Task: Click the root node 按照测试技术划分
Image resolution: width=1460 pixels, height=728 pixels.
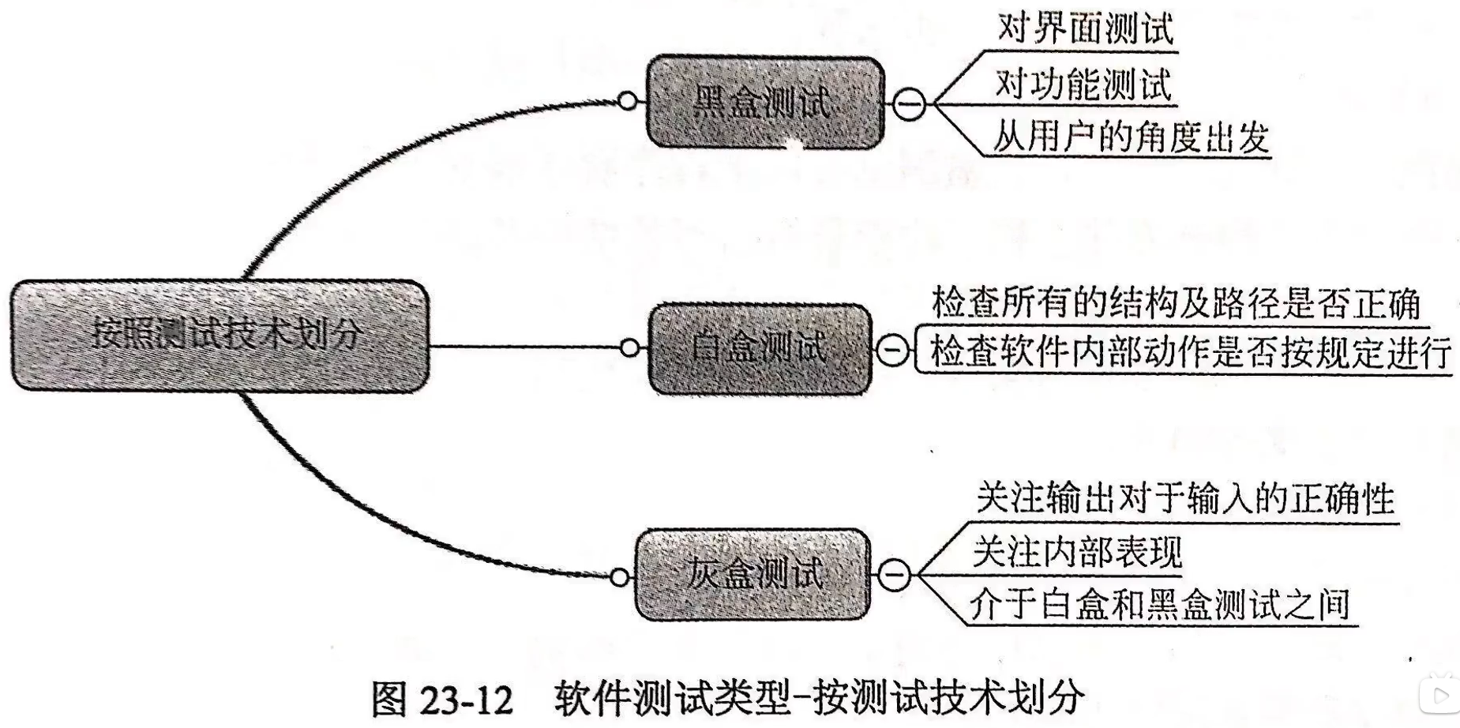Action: tap(220, 336)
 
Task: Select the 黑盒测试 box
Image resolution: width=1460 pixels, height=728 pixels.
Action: tap(764, 103)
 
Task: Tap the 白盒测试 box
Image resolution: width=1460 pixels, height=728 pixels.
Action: tap(760, 348)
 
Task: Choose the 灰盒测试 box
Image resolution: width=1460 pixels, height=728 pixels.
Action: tap(753, 574)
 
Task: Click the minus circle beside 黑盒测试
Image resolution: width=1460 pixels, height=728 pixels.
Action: tap(908, 103)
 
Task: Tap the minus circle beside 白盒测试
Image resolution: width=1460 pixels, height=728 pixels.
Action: tap(892, 348)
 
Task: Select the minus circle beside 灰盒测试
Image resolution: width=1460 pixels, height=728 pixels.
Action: tap(893, 574)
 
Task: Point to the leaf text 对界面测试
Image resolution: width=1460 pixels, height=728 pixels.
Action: tap(1085, 30)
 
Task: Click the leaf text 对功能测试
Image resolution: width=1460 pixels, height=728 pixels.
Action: tap(1083, 84)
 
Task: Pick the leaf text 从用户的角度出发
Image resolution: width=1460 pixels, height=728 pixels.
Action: tap(1131, 137)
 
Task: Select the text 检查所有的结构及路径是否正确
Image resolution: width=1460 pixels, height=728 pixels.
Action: tap(1176, 303)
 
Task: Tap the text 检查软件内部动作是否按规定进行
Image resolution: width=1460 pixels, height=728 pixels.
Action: tap(1190, 352)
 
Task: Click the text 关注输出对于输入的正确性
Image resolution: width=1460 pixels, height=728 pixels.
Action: tap(1184, 499)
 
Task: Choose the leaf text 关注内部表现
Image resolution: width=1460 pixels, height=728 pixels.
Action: tap(1077, 552)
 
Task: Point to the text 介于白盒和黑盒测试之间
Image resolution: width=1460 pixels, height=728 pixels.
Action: tap(1159, 605)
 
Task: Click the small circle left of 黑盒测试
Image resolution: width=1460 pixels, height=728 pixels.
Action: tap(628, 102)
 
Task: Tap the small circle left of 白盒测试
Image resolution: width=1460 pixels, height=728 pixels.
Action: tap(629, 347)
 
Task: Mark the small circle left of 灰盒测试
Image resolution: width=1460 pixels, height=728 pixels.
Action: tap(620, 578)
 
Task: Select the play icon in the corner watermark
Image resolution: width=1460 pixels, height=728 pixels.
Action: tap(1439, 695)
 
